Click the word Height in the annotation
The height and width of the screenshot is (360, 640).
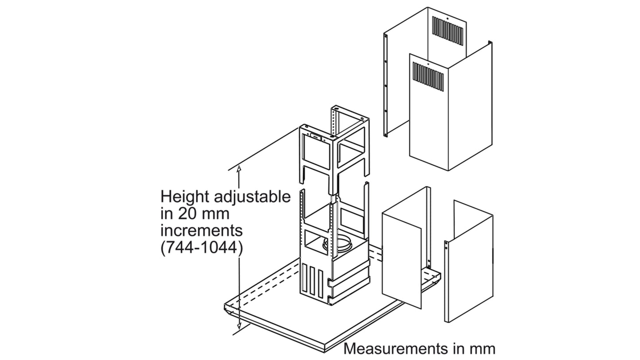coord(183,197)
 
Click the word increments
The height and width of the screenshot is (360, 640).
coord(202,231)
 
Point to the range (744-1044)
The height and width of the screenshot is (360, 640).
coord(202,248)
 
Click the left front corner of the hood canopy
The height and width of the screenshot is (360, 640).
coord(225,307)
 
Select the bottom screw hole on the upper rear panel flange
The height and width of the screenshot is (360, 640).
coord(385,111)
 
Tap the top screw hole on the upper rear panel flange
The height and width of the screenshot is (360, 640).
coord(385,36)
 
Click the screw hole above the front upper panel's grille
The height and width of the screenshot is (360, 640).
coord(427,64)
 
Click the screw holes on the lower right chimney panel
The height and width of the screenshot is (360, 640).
coord(446,246)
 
